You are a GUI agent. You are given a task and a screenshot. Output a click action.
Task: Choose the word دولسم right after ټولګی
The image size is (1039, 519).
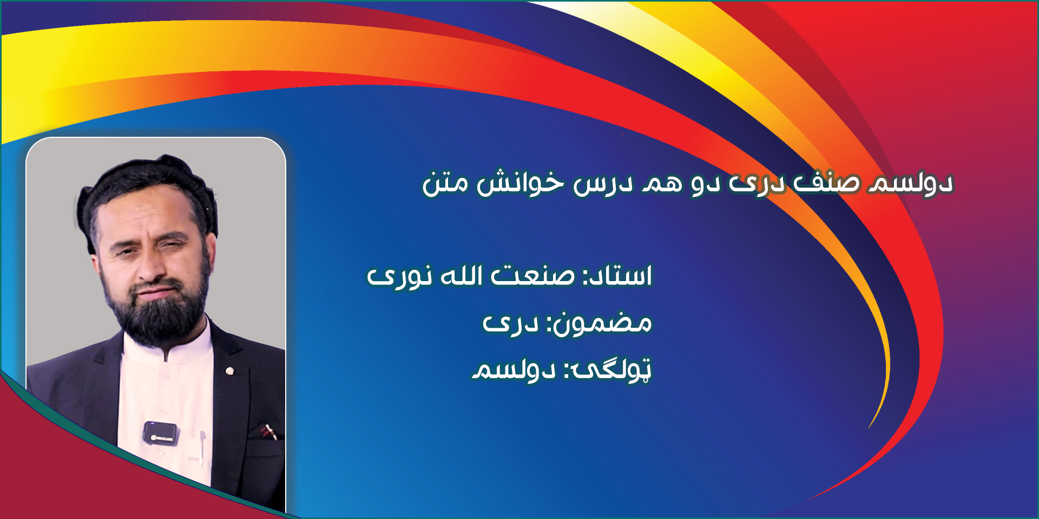tap(514, 370)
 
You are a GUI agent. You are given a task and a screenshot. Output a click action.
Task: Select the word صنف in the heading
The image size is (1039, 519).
tap(826, 183)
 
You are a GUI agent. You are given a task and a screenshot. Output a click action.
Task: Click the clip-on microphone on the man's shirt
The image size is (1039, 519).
tap(160, 434)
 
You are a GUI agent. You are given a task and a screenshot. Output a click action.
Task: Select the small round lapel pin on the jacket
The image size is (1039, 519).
tap(229, 371)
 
